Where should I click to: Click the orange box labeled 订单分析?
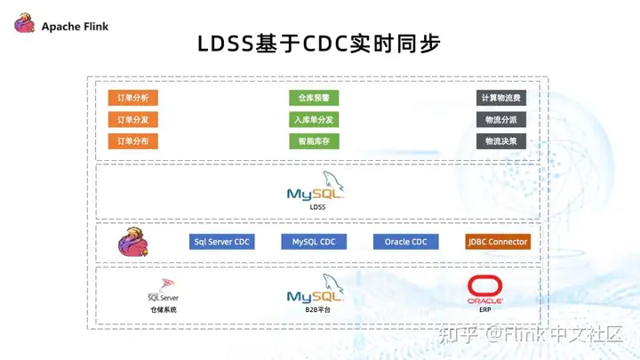pyautogui.click(x=132, y=98)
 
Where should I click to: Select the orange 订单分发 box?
pyautogui.click(x=132, y=119)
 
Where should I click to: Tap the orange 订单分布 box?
pyautogui.click(x=132, y=140)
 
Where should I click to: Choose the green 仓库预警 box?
pyautogui.click(x=314, y=98)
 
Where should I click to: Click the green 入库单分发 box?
pyautogui.click(x=314, y=119)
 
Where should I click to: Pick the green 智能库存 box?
pyautogui.click(x=314, y=140)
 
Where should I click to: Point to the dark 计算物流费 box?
pyautogui.click(x=500, y=98)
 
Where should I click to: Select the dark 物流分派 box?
pyautogui.click(x=500, y=119)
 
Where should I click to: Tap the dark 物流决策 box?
pyautogui.click(x=500, y=140)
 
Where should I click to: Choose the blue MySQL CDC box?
pyautogui.click(x=314, y=242)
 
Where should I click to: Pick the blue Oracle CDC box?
pyautogui.click(x=406, y=242)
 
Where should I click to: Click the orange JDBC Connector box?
pyautogui.click(x=498, y=242)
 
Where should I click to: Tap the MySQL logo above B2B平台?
pyautogui.click(x=316, y=292)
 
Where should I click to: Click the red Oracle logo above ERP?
pyautogui.click(x=485, y=289)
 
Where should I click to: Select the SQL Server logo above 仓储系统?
pyautogui.click(x=164, y=291)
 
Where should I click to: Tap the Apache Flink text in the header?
pyautogui.click(x=75, y=26)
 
